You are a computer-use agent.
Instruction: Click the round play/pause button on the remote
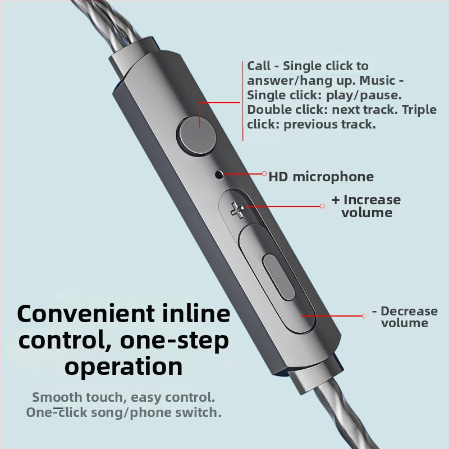(x=197, y=135)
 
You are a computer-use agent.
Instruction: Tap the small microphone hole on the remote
(x=219, y=175)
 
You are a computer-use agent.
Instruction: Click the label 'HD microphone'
(x=321, y=177)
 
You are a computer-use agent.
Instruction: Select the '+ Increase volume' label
(x=366, y=206)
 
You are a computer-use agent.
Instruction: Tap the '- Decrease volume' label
(x=404, y=317)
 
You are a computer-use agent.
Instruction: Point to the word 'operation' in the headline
(x=123, y=366)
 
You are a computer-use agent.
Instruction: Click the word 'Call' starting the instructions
(x=259, y=66)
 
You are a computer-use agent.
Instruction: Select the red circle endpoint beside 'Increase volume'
(x=322, y=206)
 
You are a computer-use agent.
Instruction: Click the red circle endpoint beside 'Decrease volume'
(x=363, y=316)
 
